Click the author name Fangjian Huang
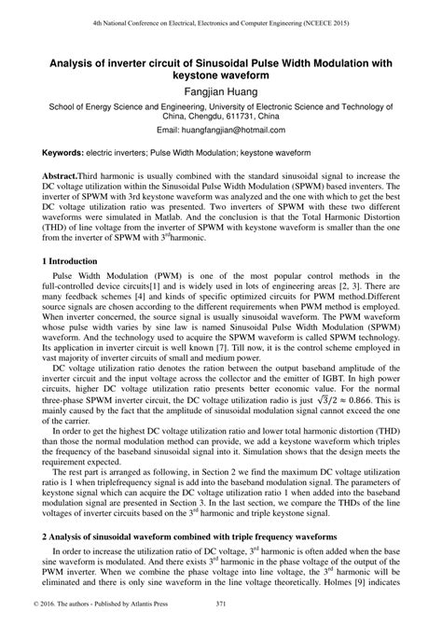tap(221, 94)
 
